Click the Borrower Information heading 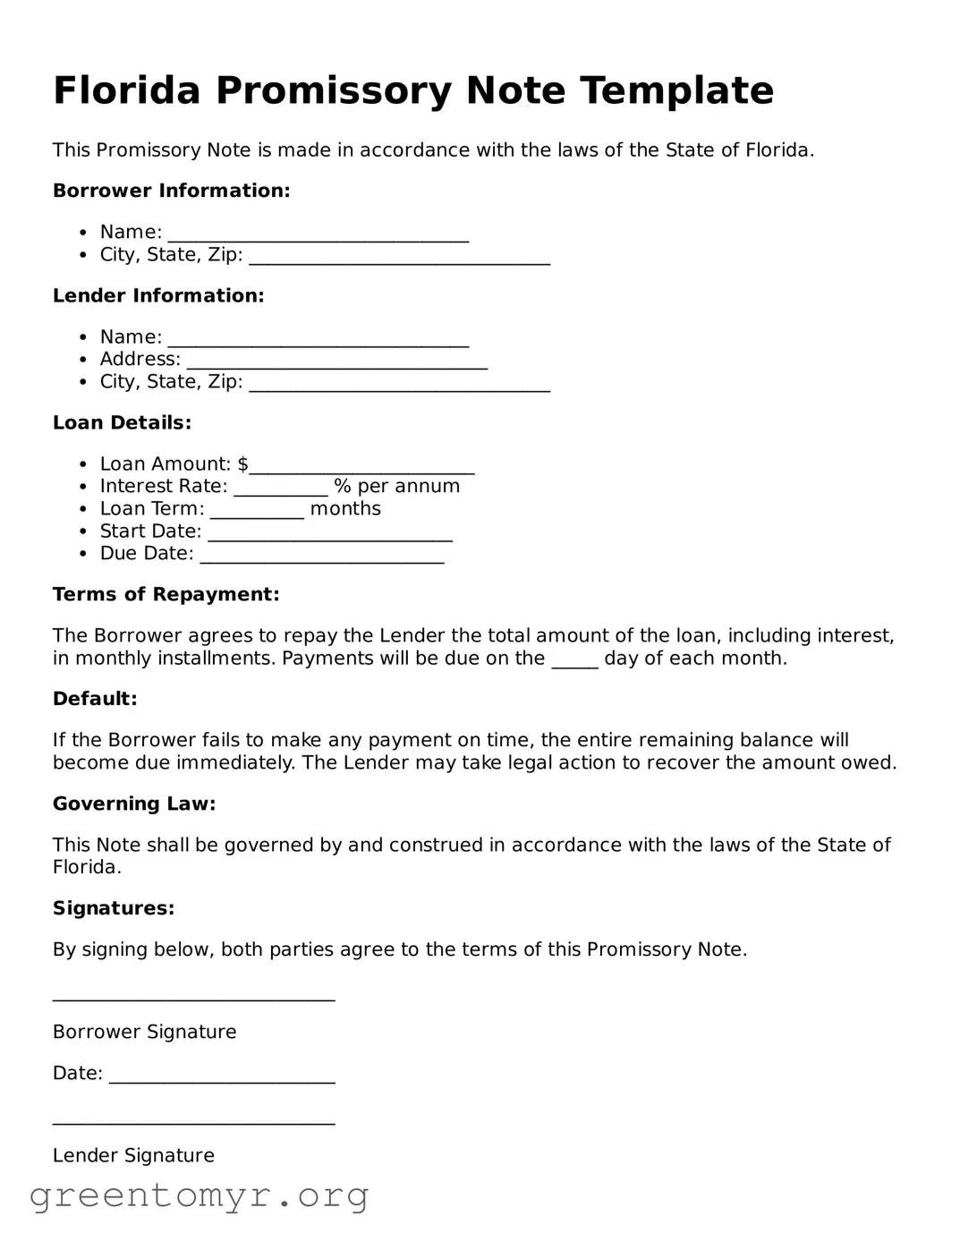click(171, 191)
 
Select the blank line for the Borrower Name click(318, 234)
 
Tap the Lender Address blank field click(336, 362)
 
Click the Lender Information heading click(158, 296)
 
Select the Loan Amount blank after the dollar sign click(361, 466)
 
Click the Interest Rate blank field click(281, 489)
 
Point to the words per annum click(408, 486)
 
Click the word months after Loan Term click(345, 509)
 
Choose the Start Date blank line click(329, 534)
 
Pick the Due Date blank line click(322, 557)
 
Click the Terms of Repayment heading click(166, 595)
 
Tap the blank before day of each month click(574, 661)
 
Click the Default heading click(95, 699)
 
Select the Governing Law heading click(134, 804)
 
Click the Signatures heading click(114, 908)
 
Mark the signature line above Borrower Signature click(193, 996)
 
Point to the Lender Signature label click(133, 1155)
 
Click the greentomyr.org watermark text click(199, 1195)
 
